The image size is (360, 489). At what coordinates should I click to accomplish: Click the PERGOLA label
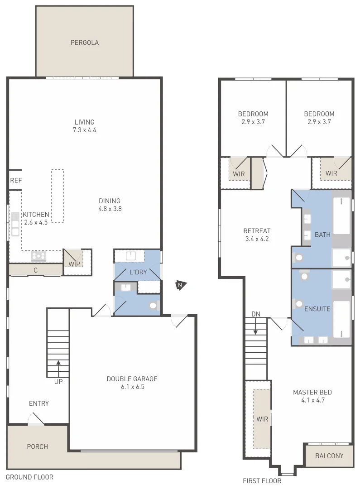[85, 43]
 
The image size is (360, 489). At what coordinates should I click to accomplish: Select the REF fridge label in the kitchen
[16, 181]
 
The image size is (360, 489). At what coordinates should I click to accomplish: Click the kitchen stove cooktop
[38, 257]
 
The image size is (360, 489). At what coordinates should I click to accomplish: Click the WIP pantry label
[74, 264]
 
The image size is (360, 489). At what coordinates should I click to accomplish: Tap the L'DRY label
[138, 273]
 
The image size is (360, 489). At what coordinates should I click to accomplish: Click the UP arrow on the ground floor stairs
[58, 362]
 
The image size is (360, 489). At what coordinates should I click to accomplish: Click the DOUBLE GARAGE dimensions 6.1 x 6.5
[132, 387]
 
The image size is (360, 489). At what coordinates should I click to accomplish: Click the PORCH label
[38, 447]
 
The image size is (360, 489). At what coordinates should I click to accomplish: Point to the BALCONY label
[329, 456]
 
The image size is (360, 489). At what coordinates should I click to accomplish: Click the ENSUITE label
[317, 309]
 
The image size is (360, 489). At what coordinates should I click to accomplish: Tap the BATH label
[323, 235]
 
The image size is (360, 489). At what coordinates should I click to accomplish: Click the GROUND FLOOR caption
[29, 477]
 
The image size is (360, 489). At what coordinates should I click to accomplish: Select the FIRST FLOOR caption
[262, 481]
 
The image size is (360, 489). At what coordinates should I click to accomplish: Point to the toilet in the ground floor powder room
[154, 306]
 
